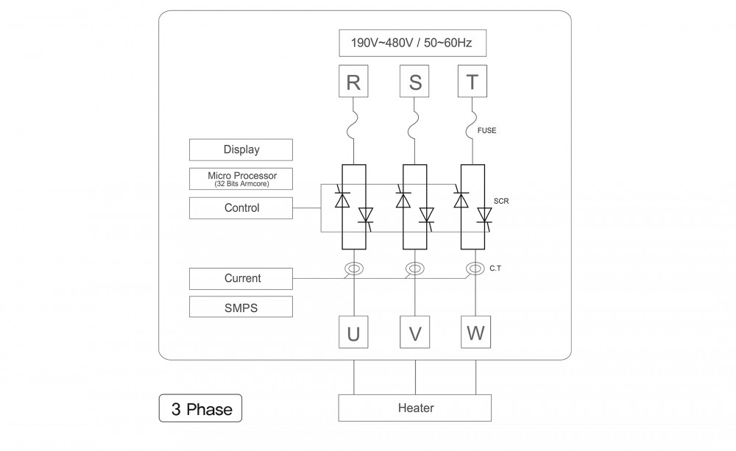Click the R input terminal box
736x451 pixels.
pos(353,82)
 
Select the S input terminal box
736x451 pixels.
pos(415,82)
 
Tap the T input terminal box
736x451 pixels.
pos(473,82)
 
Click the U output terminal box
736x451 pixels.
pos(353,333)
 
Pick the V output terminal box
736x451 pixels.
pos(415,333)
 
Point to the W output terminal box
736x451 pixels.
pos(475,333)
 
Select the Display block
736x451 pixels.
pos(241,149)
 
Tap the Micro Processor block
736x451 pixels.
pos(241,179)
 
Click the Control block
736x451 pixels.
pos(241,208)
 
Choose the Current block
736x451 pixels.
pos(241,279)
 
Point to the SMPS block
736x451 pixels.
pos(241,308)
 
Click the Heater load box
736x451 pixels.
pos(415,408)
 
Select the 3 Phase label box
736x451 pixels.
pos(201,409)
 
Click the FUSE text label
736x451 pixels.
pos(487,131)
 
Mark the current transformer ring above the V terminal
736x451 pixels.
pos(415,269)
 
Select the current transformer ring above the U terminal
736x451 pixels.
pos(353,269)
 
